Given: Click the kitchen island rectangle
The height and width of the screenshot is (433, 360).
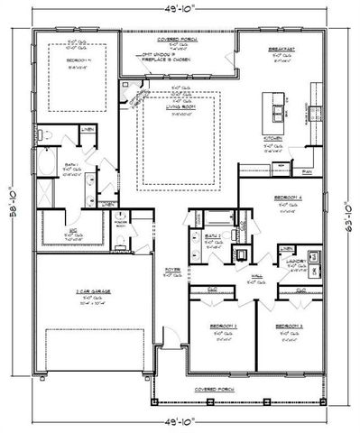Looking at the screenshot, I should (x=271, y=108).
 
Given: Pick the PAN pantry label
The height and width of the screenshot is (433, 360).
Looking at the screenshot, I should (x=307, y=170).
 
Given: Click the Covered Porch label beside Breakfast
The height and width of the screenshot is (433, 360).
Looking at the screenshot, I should (x=177, y=40).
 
